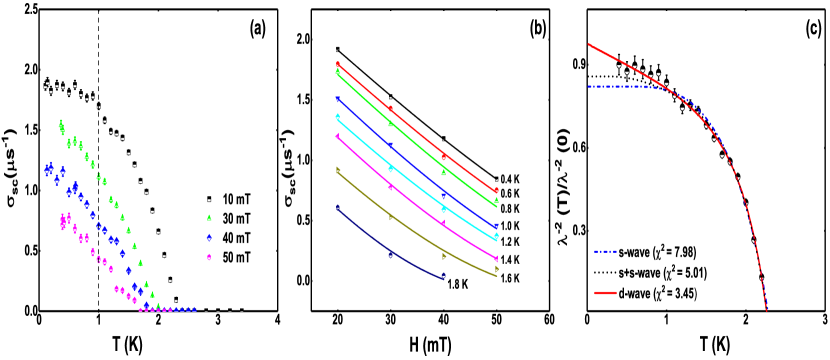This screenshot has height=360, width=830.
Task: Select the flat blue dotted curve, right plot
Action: pos(620,87)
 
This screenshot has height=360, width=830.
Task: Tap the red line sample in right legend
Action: pos(605,293)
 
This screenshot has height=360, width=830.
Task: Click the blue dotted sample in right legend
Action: pos(605,252)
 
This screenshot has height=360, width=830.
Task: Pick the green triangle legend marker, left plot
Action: pos(209,217)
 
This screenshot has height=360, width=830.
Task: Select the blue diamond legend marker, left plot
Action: pos(209,238)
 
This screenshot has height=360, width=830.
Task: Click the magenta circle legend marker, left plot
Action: pos(209,257)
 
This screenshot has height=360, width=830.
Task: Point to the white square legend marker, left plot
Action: pos(209,200)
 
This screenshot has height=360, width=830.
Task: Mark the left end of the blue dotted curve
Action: pos(589,87)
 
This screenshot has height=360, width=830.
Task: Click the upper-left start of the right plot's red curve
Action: pos(589,44)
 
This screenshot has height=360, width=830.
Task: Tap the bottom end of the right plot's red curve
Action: pos(767,310)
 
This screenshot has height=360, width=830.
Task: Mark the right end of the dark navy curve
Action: pos(444,277)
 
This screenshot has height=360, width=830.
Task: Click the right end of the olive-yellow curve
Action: pos(497,274)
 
